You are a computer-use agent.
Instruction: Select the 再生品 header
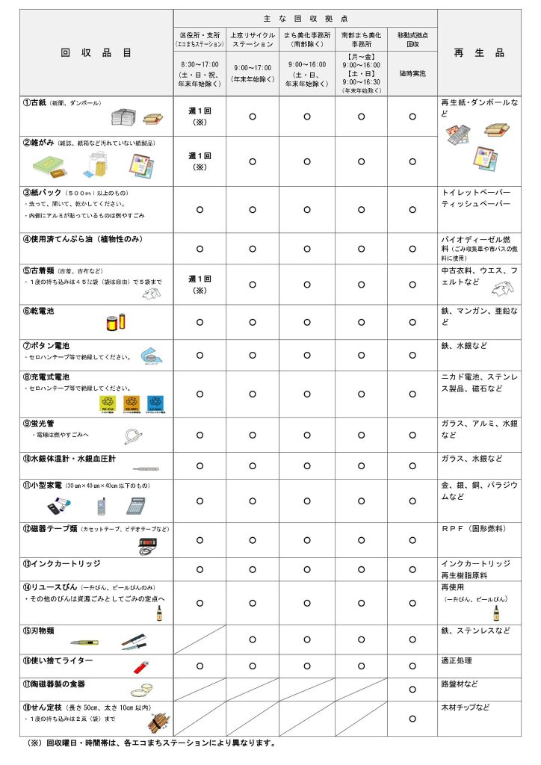(x=479, y=53)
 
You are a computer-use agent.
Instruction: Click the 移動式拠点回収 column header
(x=412, y=39)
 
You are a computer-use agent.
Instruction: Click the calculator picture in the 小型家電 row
(x=135, y=505)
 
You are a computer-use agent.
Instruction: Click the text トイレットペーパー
(x=477, y=192)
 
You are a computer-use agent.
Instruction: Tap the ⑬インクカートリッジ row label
(x=61, y=563)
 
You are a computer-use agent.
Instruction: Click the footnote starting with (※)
(x=149, y=743)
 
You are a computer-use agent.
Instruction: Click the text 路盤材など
(x=459, y=684)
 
